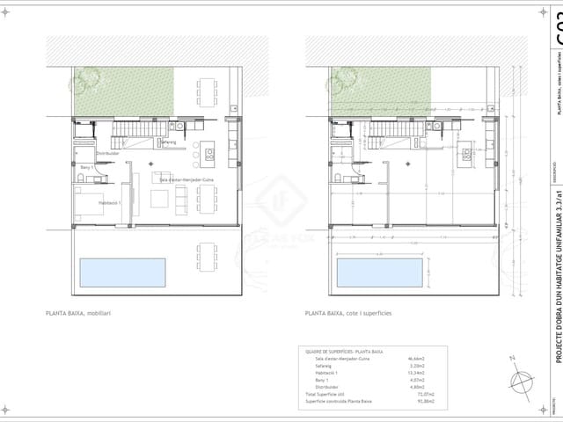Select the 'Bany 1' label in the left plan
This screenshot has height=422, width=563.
[86, 167]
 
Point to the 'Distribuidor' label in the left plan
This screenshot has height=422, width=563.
[107, 153]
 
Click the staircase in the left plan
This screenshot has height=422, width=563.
[132, 133]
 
